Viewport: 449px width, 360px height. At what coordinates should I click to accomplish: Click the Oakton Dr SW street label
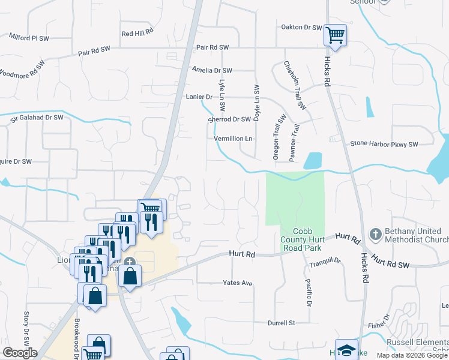(302, 27)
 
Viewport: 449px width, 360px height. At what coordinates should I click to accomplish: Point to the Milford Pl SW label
(29, 37)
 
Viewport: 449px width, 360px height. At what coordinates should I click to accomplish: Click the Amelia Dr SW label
(212, 70)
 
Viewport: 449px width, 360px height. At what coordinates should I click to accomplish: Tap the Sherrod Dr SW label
(229, 119)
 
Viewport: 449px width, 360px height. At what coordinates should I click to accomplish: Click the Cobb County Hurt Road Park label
(307, 239)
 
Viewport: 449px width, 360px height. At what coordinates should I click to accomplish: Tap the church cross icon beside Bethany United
(375, 234)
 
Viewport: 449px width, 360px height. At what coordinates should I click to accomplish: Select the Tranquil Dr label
(325, 262)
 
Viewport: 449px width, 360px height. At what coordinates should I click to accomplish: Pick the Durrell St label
(282, 323)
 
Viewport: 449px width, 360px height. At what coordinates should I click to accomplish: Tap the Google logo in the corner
(20, 353)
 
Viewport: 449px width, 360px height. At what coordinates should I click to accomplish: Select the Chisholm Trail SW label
(295, 85)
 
